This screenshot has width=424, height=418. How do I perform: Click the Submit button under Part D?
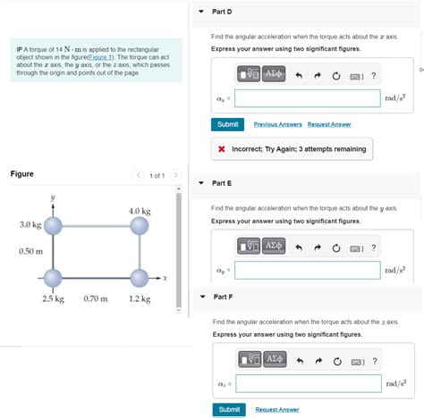[x=228, y=124]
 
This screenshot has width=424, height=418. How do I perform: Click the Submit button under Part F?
[x=228, y=409]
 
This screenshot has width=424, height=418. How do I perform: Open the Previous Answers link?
[x=277, y=124]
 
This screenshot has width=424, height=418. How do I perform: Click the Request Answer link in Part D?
[x=329, y=124]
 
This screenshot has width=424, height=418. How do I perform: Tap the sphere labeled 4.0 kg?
[x=139, y=227]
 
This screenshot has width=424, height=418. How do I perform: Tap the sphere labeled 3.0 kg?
[x=54, y=227]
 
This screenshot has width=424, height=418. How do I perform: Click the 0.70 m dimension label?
[x=95, y=298]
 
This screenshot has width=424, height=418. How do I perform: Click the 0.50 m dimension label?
[x=31, y=252]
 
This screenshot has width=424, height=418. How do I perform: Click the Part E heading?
[x=222, y=183]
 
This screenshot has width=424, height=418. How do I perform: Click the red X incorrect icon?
[x=220, y=148]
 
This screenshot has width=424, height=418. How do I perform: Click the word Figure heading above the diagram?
[x=22, y=173]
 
